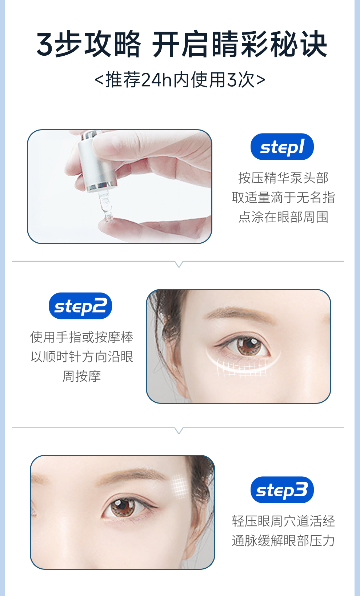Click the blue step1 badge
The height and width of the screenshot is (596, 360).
click(x=282, y=147)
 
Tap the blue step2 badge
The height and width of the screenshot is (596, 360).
click(x=80, y=306)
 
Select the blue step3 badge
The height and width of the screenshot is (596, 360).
click(x=282, y=490)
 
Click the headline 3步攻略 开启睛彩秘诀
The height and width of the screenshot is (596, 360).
click(x=181, y=44)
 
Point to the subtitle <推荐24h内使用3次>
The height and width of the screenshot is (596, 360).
click(x=180, y=80)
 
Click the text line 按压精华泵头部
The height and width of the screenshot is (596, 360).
click(x=283, y=178)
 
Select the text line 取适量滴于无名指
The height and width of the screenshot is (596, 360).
click(x=283, y=198)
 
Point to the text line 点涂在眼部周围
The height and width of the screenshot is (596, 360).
click(x=283, y=217)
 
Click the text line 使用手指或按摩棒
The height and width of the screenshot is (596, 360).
click(x=81, y=337)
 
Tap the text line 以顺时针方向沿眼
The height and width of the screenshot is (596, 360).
click(x=81, y=357)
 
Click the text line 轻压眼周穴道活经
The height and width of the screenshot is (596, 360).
click(x=283, y=521)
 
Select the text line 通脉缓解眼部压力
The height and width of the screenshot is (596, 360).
click(x=283, y=541)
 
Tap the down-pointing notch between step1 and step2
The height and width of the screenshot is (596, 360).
click(x=179, y=264)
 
